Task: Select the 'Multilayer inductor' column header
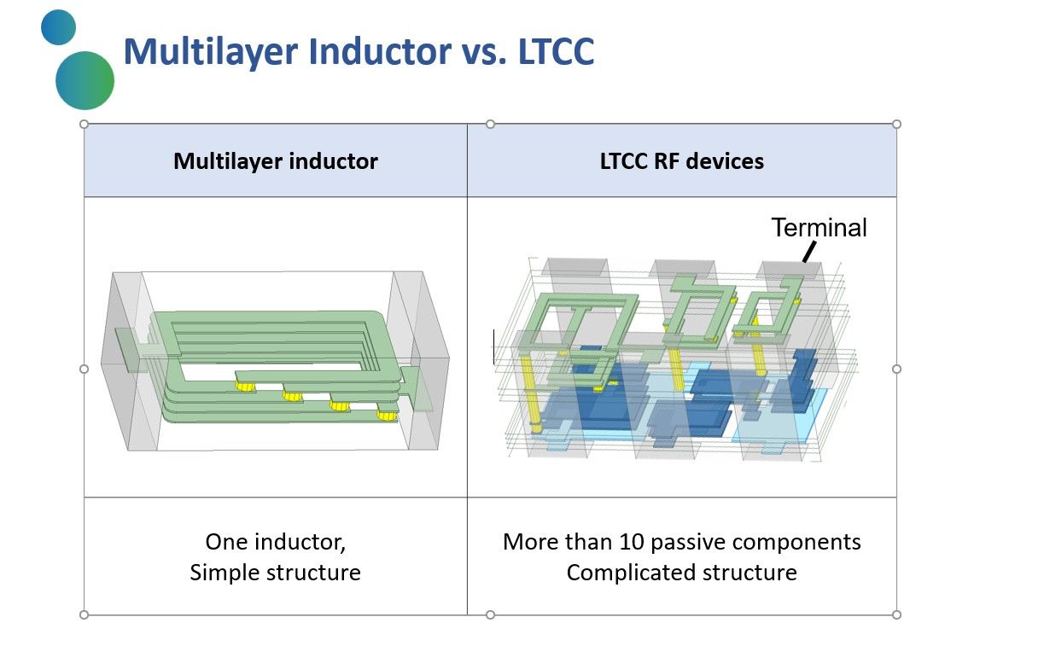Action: pyautogui.click(x=275, y=160)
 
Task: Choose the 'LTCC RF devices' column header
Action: pyautogui.click(x=681, y=160)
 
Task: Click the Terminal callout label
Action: pyautogui.click(x=819, y=228)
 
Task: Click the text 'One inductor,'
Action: pyautogui.click(x=275, y=542)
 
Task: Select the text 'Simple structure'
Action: pyautogui.click(x=275, y=572)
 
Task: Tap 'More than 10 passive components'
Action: pyautogui.click(x=681, y=542)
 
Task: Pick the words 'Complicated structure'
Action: pyautogui.click(x=681, y=572)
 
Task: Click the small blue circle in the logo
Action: pyautogui.click(x=58, y=27)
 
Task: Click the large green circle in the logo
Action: pyautogui.click(x=85, y=80)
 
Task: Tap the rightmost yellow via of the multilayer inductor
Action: pyautogui.click(x=387, y=416)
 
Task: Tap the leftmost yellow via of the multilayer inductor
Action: pyautogui.click(x=246, y=387)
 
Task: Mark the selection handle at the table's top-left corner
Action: pyautogui.click(x=84, y=124)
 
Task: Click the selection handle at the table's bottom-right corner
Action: pyautogui.click(x=896, y=614)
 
